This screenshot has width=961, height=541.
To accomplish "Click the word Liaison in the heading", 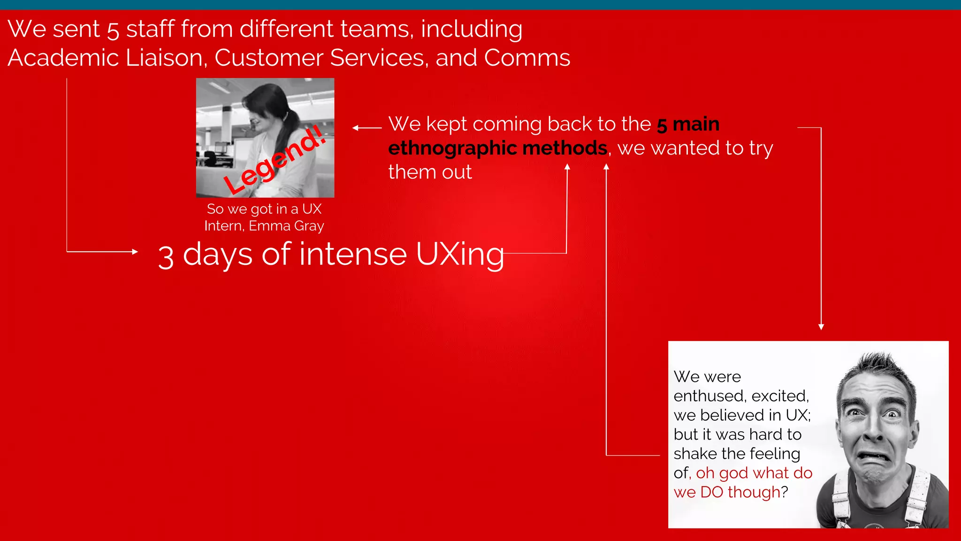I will [164, 58].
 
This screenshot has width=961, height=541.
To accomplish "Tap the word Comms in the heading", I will [526, 58].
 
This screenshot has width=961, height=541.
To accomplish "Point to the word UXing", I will [460, 255].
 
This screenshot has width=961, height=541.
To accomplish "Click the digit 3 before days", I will [166, 257].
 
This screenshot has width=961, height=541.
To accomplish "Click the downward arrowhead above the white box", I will [821, 327].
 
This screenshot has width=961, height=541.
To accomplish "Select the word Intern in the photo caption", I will [223, 226].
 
